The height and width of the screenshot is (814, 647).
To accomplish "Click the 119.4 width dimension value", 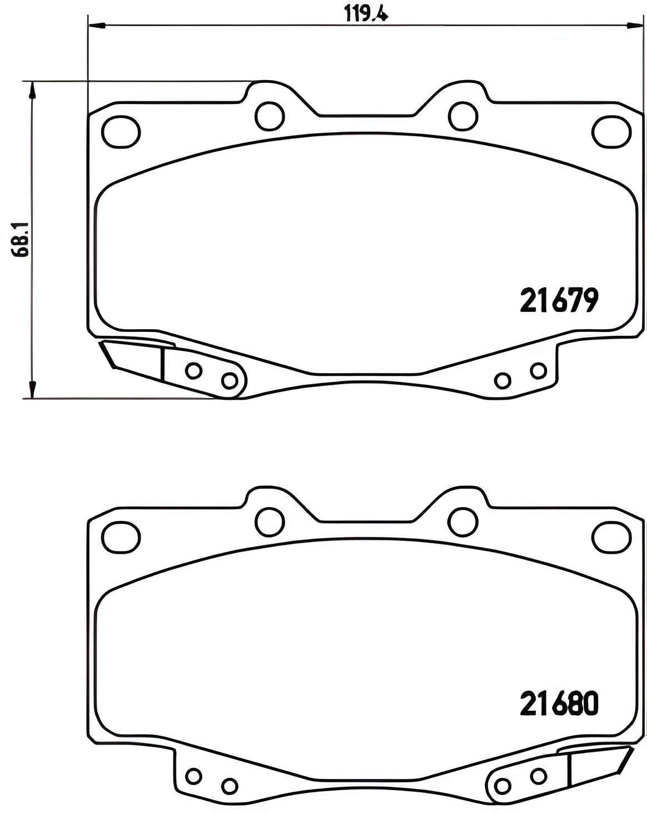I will pos(365,12).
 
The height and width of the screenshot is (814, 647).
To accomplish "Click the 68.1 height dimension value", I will pos(21,240).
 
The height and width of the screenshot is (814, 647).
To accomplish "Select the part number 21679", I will pos(559,301).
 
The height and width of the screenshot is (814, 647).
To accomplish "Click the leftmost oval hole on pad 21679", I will pos(121,132).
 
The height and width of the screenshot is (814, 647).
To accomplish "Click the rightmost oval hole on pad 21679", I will pos(611,132).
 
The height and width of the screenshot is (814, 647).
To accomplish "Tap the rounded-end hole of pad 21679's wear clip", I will pos(229,380).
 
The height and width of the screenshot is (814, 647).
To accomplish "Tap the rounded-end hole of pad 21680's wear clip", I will pos(502,786).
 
